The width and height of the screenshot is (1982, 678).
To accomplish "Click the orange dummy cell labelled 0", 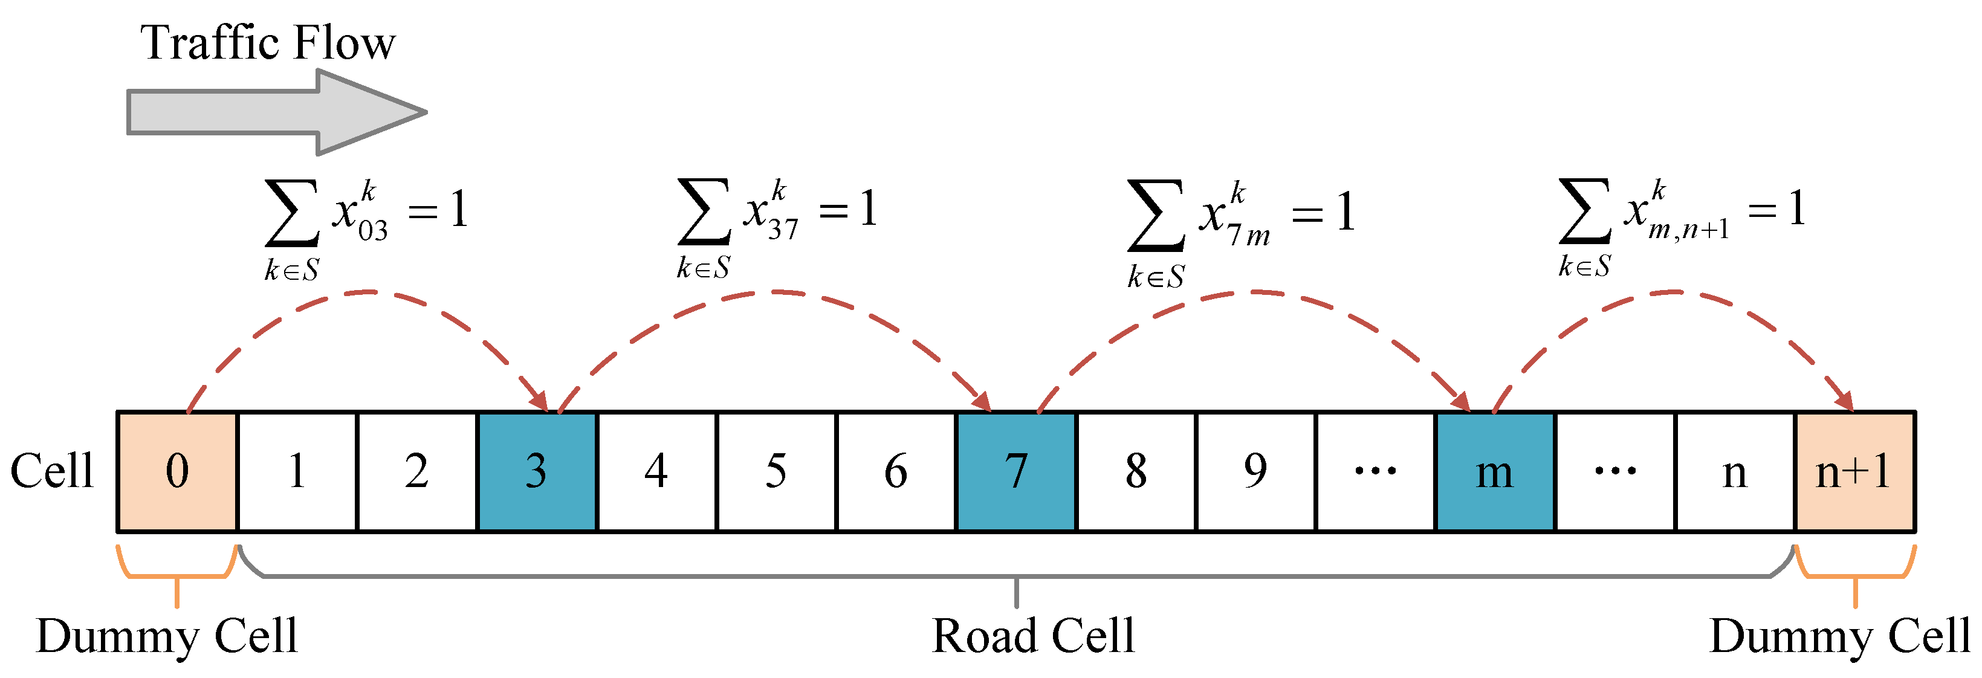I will (x=177, y=471).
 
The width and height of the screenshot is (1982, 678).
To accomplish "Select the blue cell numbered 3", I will (x=536, y=471).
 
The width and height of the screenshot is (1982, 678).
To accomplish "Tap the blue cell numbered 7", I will (x=1015, y=471).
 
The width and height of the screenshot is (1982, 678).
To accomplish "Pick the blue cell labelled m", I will (x=1494, y=471).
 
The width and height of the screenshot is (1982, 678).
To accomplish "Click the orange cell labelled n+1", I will (x=1854, y=471).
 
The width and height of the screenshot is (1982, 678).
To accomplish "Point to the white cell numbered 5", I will (x=776, y=471).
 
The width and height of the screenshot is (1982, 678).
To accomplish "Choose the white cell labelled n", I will (x=1734, y=471).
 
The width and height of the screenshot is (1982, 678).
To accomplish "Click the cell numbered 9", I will (x=1255, y=471).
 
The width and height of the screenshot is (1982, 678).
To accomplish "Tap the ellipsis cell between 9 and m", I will (x=1375, y=471).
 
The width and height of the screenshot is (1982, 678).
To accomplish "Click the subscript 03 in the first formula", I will (x=372, y=230).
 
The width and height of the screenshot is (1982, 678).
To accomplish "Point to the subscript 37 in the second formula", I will (x=783, y=228).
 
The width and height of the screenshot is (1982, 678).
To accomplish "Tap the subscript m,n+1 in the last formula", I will (x=1688, y=228).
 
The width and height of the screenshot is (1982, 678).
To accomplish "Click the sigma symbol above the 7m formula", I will (x=1155, y=216).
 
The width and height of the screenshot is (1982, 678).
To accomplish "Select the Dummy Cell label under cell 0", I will (x=166, y=636).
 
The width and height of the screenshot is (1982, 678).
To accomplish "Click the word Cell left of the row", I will (x=51, y=471).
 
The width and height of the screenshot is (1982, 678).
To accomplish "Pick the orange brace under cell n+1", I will (x=1854, y=573).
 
